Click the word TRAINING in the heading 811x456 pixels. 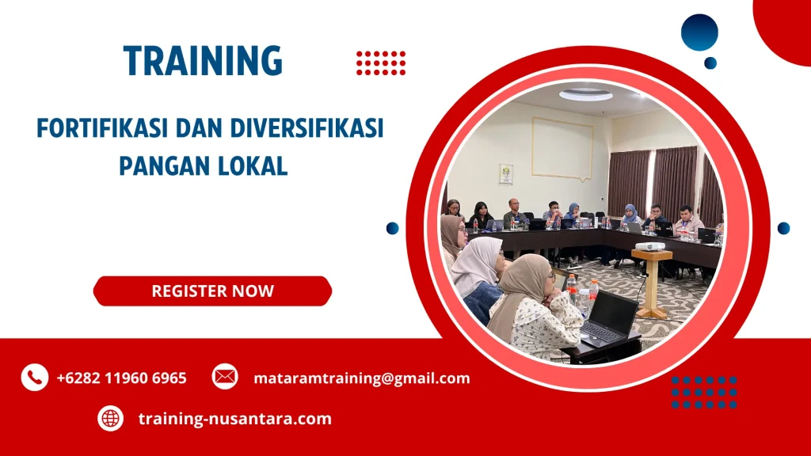(203, 61)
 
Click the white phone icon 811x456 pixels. (34, 378)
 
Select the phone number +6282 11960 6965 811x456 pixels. (121, 378)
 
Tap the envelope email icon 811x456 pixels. (225, 378)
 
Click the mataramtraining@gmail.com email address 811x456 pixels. (361, 378)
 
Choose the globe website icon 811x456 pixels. (110, 418)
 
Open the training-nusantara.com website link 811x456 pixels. (234, 418)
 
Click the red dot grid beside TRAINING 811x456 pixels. (381, 63)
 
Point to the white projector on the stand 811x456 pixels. (651, 246)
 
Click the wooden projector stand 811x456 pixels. (652, 285)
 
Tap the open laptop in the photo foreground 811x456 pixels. (609, 319)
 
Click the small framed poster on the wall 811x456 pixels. (505, 173)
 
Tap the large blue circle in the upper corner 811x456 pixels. (699, 32)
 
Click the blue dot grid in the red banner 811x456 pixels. (704, 393)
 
